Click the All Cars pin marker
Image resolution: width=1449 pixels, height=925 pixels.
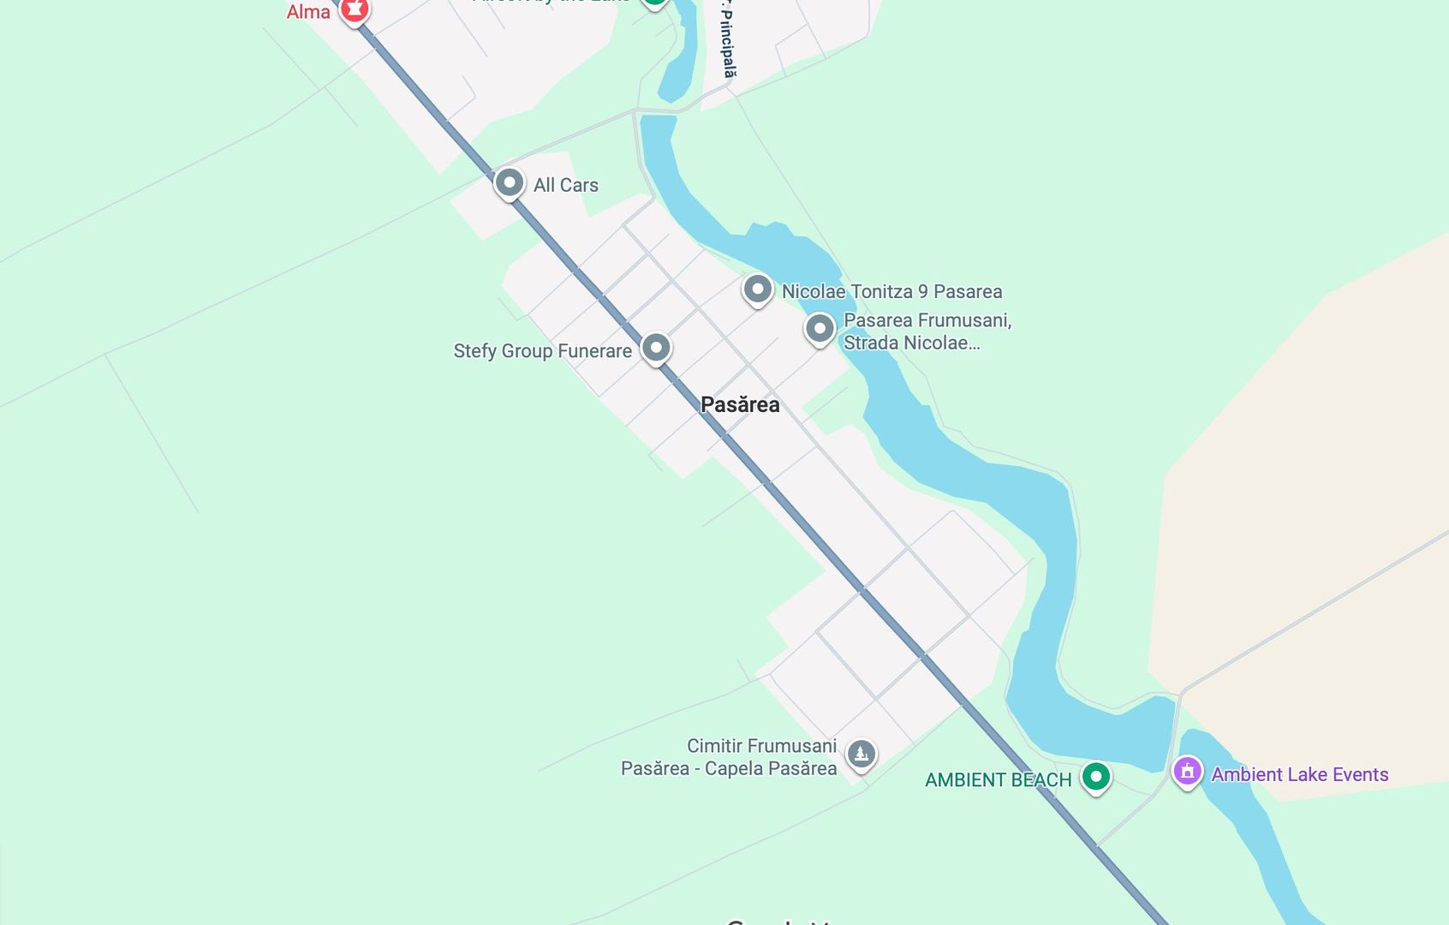(x=509, y=182)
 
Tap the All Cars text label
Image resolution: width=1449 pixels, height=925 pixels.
(x=565, y=185)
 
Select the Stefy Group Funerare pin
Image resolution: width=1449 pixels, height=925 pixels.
(x=656, y=348)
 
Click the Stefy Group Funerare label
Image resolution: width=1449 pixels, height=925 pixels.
(x=542, y=351)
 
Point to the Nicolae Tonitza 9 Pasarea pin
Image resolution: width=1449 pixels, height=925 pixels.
(x=757, y=289)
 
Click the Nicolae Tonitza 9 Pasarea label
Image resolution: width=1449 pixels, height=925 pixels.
(x=891, y=291)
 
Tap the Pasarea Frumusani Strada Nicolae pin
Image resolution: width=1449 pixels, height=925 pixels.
(x=820, y=328)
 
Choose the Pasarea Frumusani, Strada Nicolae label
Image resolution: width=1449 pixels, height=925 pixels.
(x=927, y=331)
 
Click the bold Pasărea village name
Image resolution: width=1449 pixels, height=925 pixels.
(x=740, y=404)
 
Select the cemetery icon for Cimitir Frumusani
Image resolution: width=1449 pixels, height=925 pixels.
(x=861, y=754)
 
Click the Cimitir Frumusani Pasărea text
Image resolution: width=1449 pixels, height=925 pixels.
(x=729, y=757)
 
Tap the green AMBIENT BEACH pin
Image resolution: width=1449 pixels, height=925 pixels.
(x=1095, y=777)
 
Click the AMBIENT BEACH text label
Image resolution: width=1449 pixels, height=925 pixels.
(x=998, y=780)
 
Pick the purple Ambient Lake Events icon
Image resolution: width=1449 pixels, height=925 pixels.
(x=1187, y=771)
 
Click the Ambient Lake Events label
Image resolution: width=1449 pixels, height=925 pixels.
(x=1299, y=774)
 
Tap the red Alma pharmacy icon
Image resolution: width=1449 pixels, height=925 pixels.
(x=354, y=9)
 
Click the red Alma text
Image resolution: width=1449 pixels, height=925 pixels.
(x=308, y=12)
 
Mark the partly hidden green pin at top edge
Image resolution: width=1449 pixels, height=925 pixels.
(x=654, y=3)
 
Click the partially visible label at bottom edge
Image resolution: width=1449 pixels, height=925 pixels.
(x=779, y=921)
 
